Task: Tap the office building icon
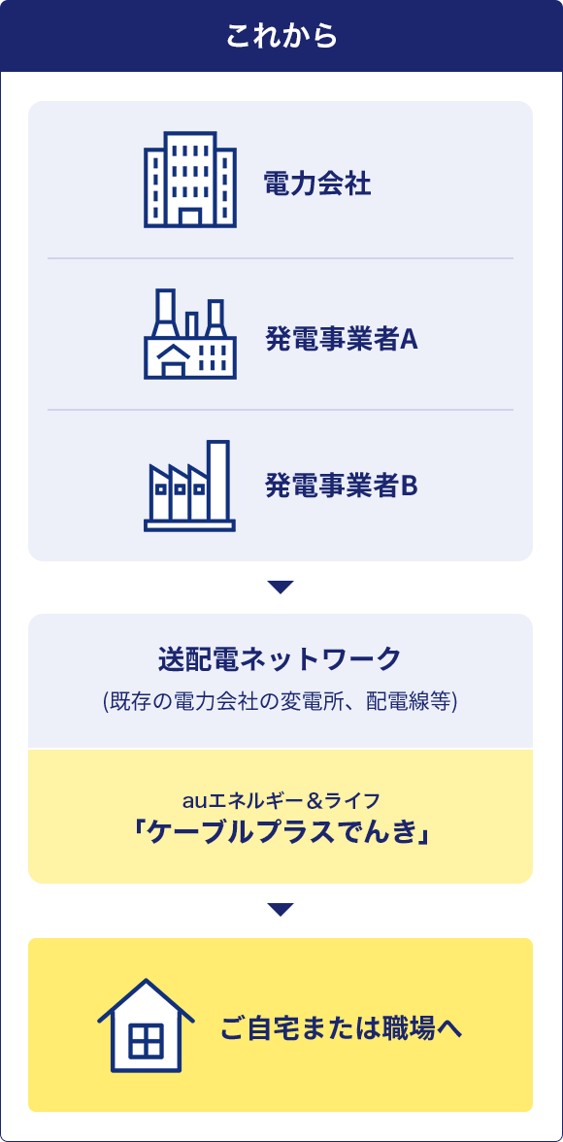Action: (x=190, y=180)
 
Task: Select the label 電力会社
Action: (x=317, y=185)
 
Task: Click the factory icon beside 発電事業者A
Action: (x=190, y=334)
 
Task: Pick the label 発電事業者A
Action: (x=341, y=340)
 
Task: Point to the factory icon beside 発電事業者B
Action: (x=189, y=486)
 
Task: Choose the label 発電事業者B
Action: (x=341, y=486)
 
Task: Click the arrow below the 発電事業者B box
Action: (x=281, y=587)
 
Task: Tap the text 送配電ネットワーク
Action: (x=281, y=659)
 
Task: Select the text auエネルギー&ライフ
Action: (x=281, y=802)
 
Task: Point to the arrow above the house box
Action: (x=281, y=910)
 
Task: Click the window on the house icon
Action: (x=147, y=1041)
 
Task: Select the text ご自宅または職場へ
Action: (x=342, y=1029)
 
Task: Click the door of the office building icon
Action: (x=190, y=217)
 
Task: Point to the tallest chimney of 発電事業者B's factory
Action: (x=217, y=480)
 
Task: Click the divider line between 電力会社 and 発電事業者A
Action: (x=281, y=258)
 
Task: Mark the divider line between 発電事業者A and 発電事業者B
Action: (x=281, y=410)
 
